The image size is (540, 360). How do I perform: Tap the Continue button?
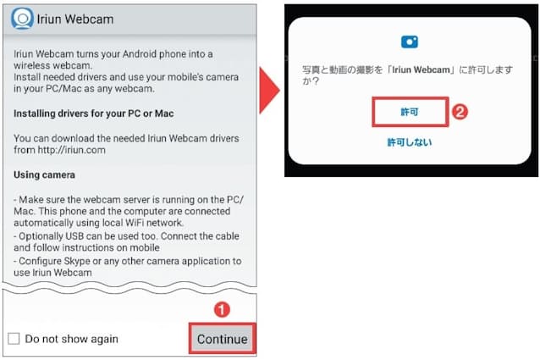pyautogui.click(x=223, y=339)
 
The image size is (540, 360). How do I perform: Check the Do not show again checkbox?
pyautogui.click(x=14, y=338)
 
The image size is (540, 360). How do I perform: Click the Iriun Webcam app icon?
pyautogui.click(x=22, y=19)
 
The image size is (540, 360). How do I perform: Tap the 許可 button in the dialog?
pyautogui.click(x=410, y=112)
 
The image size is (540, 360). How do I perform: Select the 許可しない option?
pyautogui.click(x=410, y=142)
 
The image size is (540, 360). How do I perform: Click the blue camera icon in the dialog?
pyautogui.click(x=410, y=42)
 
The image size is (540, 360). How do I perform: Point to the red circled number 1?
pyautogui.click(x=222, y=309)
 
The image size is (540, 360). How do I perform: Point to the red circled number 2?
pyautogui.click(x=460, y=112)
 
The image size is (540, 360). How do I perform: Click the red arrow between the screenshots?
pyautogui.click(x=269, y=91)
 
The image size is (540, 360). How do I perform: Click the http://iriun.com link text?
pyautogui.click(x=72, y=150)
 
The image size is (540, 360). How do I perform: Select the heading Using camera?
pyautogui.click(x=44, y=174)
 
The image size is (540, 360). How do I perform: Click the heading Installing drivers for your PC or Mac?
pyautogui.click(x=94, y=114)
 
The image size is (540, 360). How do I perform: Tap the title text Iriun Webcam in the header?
pyautogui.click(x=75, y=19)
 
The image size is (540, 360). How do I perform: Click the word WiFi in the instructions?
pyautogui.click(x=135, y=223)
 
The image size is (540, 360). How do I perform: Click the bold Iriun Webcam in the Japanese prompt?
pyautogui.click(x=421, y=69)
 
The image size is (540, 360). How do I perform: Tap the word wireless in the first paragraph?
pyautogui.click(x=30, y=65)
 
